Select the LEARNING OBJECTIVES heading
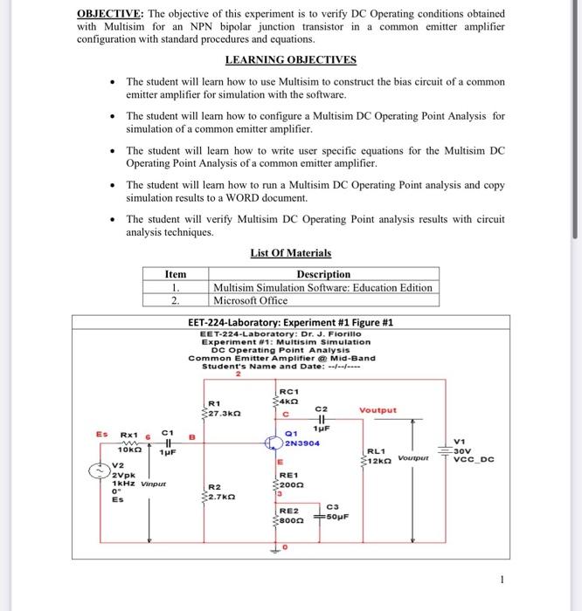(x=290, y=60)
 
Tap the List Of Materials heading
(x=290, y=253)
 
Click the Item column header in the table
(x=176, y=274)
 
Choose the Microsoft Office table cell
(x=250, y=300)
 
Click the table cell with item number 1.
(x=176, y=287)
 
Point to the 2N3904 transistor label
(x=301, y=443)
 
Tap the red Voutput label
(x=377, y=409)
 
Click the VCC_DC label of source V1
(x=474, y=460)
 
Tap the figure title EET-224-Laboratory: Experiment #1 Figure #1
(x=291, y=322)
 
